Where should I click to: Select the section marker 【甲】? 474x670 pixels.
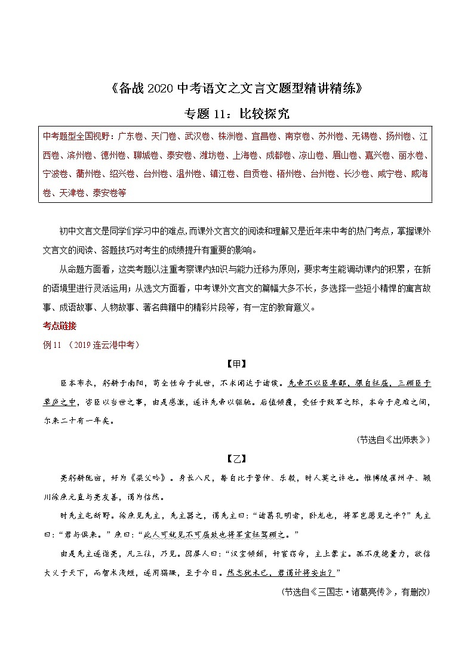pyautogui.click(x=236, y=365)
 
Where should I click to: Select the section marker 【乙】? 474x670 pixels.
pyautogui.click(x=236, y=458)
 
